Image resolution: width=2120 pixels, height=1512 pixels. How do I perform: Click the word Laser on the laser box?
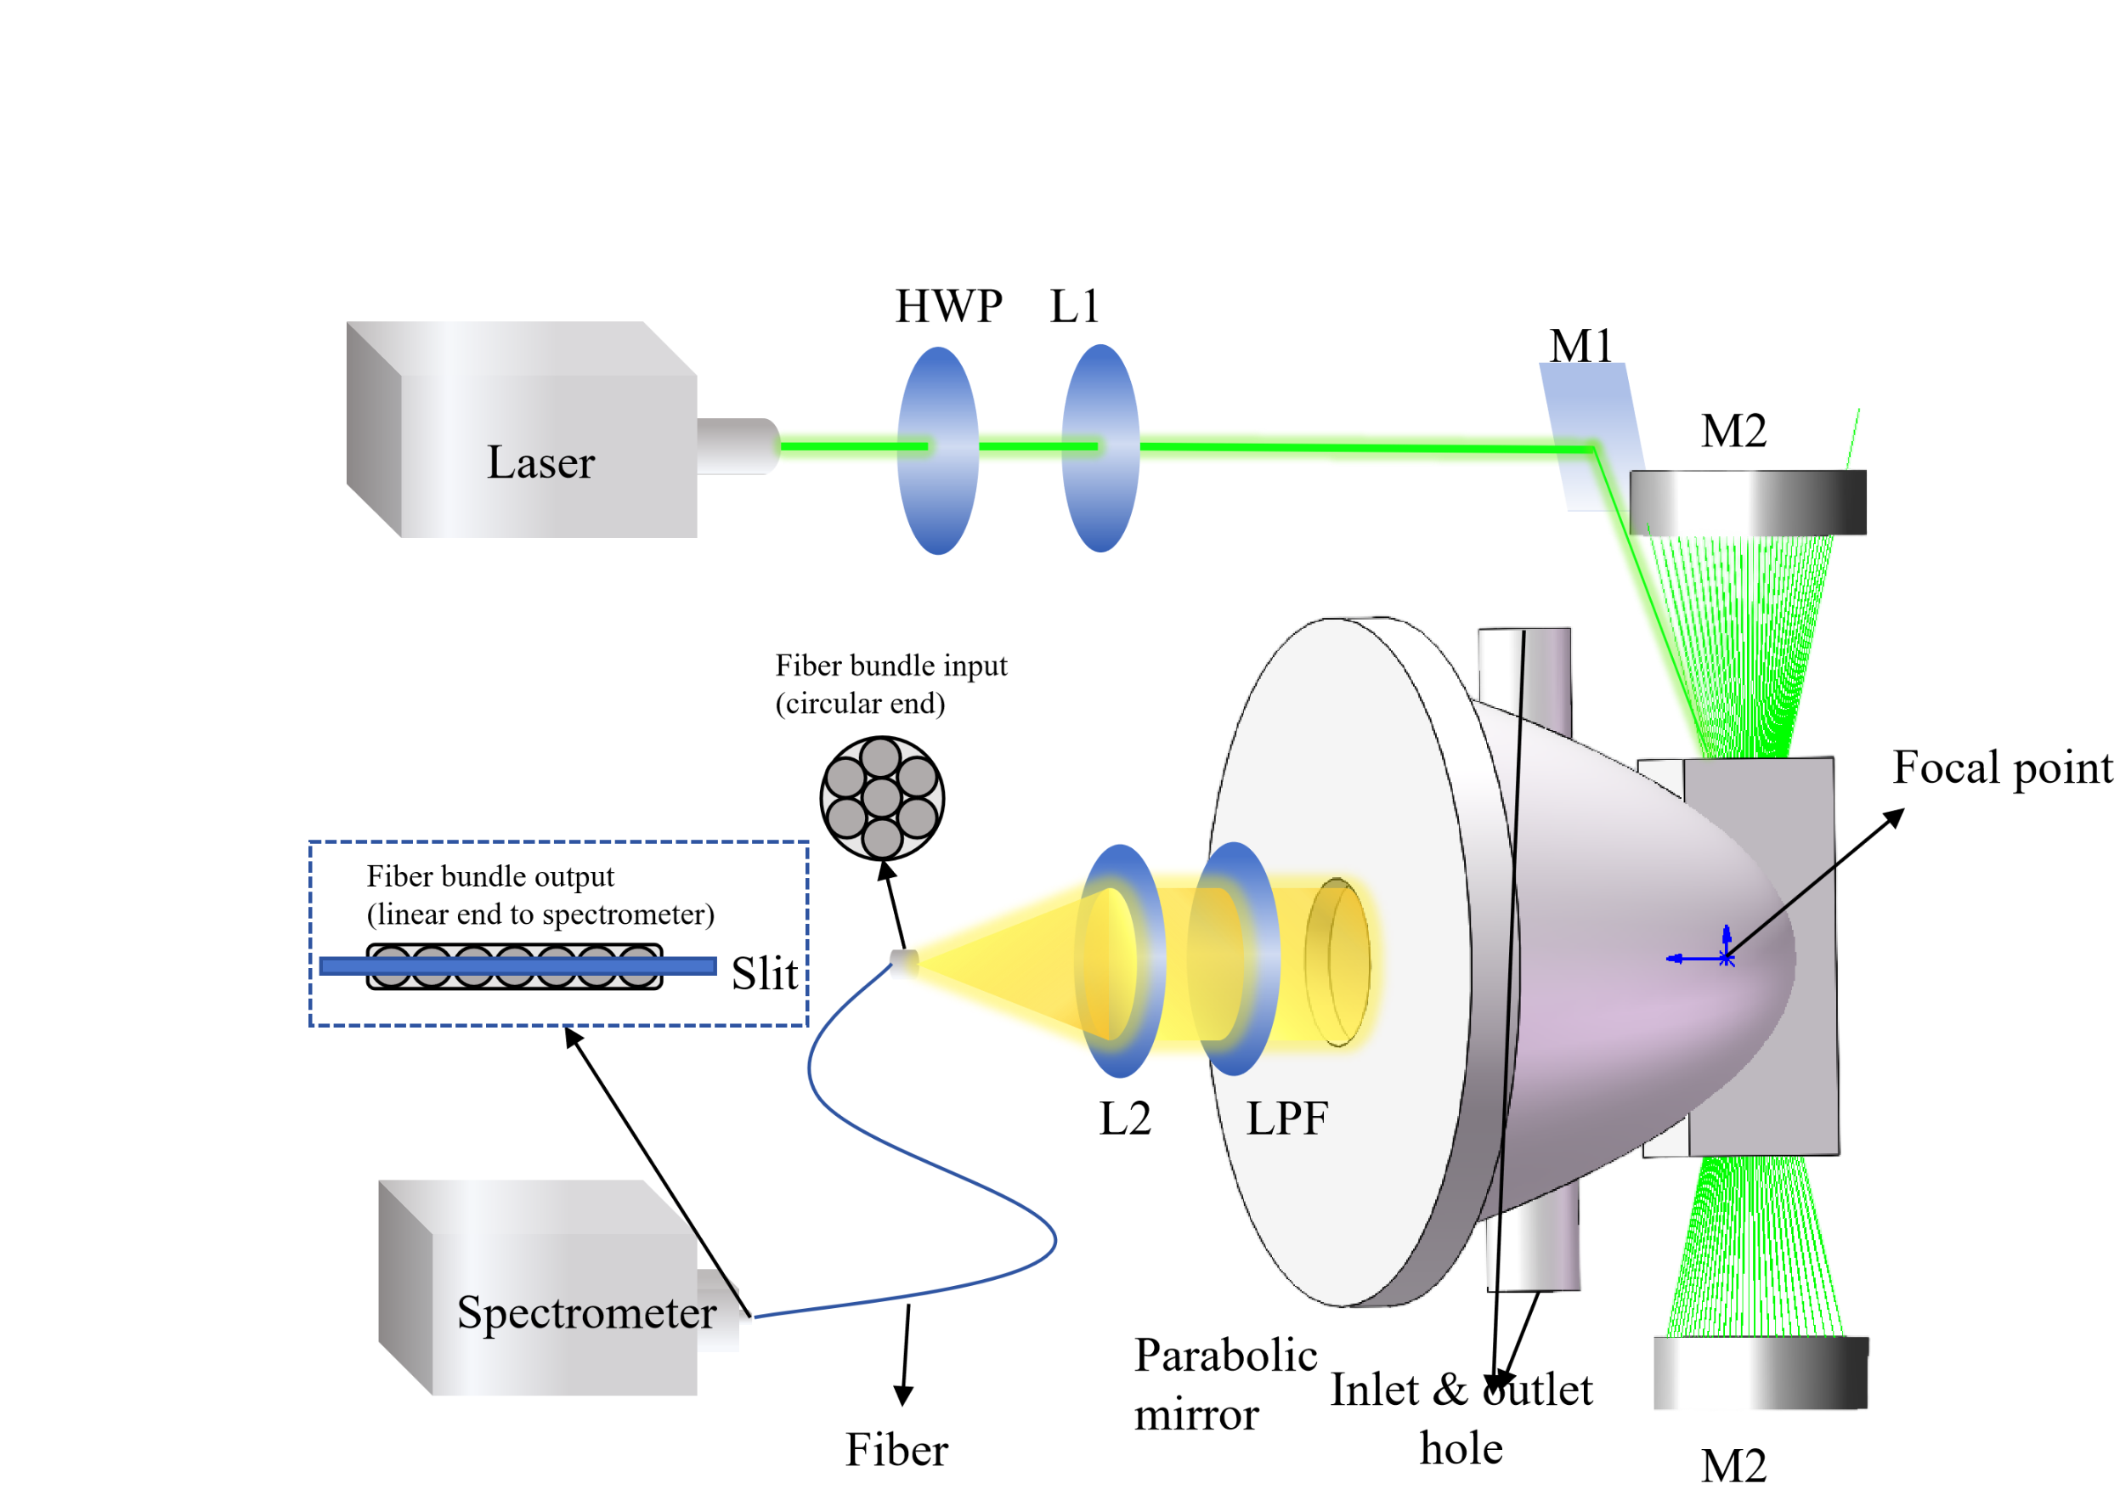click(540, 462)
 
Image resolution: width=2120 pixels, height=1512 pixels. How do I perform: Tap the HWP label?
click(948, 306)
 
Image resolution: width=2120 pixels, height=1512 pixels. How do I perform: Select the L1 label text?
click(1075, 306)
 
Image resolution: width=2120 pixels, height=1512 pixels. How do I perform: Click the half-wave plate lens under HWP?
click(938, 450)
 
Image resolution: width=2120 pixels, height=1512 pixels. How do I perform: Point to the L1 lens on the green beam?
click(1101, 449)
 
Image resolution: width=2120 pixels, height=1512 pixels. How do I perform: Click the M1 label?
click(1580, 347)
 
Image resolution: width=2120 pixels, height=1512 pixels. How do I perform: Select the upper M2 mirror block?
click(1748, 503)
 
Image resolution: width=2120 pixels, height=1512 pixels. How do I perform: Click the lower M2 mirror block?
click(1761, 1373)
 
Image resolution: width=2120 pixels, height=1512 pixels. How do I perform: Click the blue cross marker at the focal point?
click(1727, 958)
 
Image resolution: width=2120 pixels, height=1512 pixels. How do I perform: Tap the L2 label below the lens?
click(1125, 1118)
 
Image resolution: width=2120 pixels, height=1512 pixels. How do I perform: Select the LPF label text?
click(1287, 1118)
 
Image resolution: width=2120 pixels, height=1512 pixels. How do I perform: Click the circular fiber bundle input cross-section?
click(881, 798)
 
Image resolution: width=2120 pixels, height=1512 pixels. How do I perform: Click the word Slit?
click(764, 974)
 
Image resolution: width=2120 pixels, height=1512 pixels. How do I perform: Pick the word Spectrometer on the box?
click(586, 1313)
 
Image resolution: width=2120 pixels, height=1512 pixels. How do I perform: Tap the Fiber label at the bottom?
click(896, 1450)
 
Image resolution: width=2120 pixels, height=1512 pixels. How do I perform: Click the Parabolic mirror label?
click(1224, 1385)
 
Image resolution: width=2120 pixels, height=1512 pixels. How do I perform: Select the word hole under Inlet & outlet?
click(1461, 1449)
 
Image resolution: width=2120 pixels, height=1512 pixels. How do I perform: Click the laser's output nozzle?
click(737, 447)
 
